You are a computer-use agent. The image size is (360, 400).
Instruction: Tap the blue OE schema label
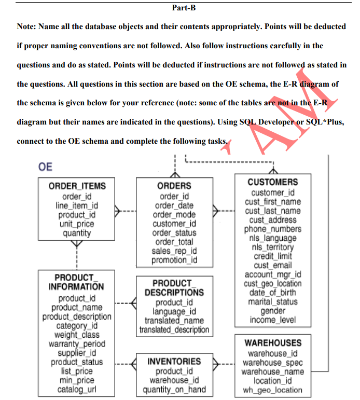tap(45, 167)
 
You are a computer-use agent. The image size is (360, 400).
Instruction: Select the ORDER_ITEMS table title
tap(77, 186)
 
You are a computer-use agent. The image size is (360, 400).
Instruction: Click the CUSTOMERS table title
tap(272, 182)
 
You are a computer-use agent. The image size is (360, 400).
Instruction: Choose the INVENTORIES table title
tap(174, 362)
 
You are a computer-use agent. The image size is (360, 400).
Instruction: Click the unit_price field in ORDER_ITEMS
tap(77, 224)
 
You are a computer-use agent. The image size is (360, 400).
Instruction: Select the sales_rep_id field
tap(174, 251)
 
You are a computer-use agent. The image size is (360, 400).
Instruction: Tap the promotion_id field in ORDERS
tap(174, 260)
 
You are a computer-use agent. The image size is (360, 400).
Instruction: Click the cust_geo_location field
tap(273, 283)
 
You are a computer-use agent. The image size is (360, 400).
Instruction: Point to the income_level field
tap(273, 320)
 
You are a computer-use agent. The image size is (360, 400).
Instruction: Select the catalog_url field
tap(77, 390)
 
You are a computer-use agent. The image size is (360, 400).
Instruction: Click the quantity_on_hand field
tap(174, 390)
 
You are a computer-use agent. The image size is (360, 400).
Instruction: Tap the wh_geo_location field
tap(272, 390)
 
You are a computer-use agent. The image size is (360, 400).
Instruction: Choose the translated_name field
tap(174, 321)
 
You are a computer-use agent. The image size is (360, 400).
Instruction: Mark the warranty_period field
tap(77, 344)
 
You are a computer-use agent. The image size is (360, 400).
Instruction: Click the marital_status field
tap(273, 301)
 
